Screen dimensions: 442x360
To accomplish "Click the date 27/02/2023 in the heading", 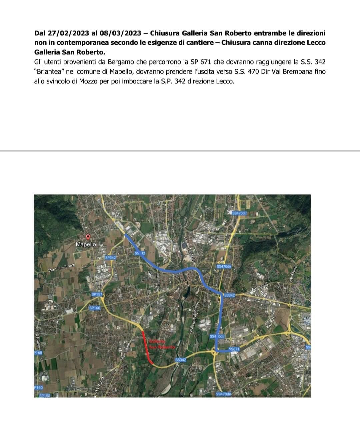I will [68, 33].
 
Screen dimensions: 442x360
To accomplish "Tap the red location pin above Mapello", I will [88, 237].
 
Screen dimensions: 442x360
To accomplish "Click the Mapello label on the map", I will [86, 245].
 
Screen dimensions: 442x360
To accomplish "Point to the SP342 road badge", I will [110, 258].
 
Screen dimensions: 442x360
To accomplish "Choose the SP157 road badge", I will [97, 295].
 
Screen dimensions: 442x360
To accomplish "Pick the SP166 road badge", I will [95, 308].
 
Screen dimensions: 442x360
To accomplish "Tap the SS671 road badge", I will [234, 349].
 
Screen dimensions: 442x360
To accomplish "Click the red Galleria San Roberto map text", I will [162, 344].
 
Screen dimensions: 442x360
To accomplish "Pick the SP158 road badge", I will [44, 396].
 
